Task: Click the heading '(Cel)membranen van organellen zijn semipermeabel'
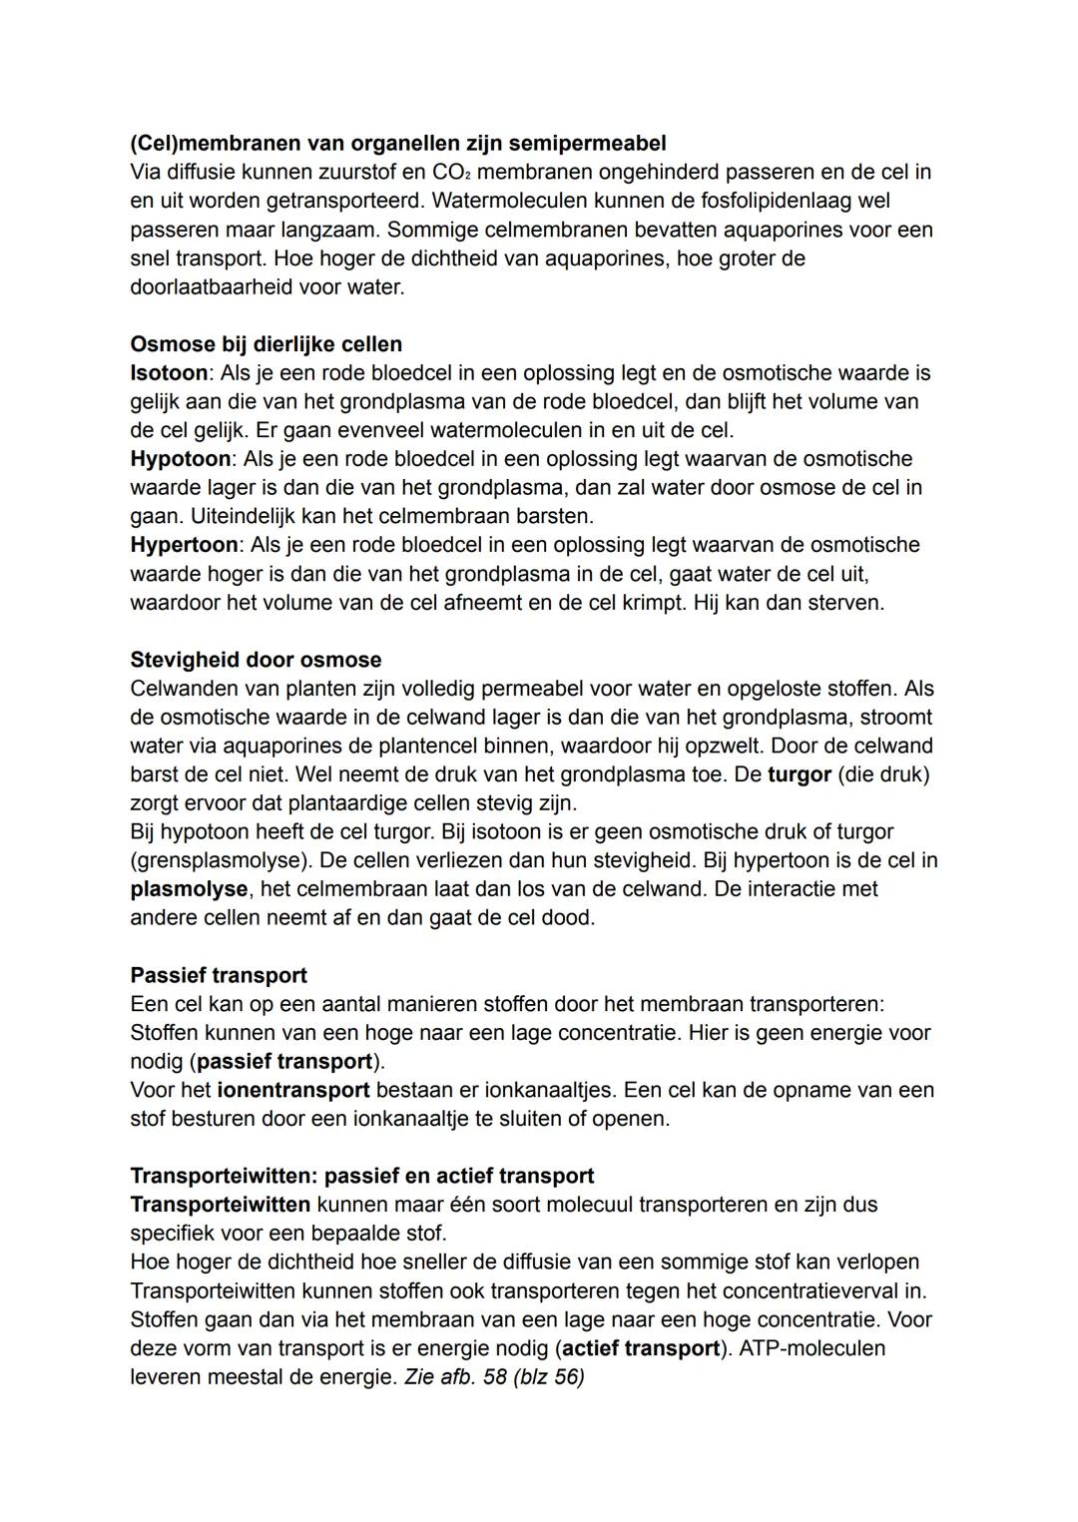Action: [x=398, y=143]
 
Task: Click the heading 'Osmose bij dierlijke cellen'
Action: [x=267, y=344]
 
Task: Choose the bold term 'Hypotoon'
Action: [x=181, y=459]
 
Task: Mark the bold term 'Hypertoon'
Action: [x=185, y=545]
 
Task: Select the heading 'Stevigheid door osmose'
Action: [x=256, y=661]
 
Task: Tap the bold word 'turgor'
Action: [x=800, y=775]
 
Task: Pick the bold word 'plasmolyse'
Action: [x=189, y=889]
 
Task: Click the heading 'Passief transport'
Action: [x=219, y=976]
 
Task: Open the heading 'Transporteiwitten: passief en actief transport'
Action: [x=362, y=1177]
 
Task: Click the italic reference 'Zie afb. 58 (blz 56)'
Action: [x=494, y=1377]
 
